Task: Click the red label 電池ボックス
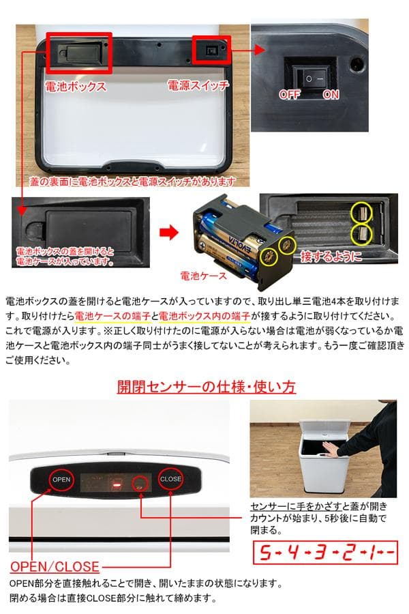click(x=75, y=87)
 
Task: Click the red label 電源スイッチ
click(x=198, y=86)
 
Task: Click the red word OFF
click(x=289, y=95)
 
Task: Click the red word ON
click(x=331, y=95)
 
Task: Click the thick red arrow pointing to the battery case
click(x=168, y=233)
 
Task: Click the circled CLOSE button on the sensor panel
click(x=170, y=478)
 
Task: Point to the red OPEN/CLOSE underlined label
click(x=55, y=567)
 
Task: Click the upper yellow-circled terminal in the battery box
click(x=362, y=213)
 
